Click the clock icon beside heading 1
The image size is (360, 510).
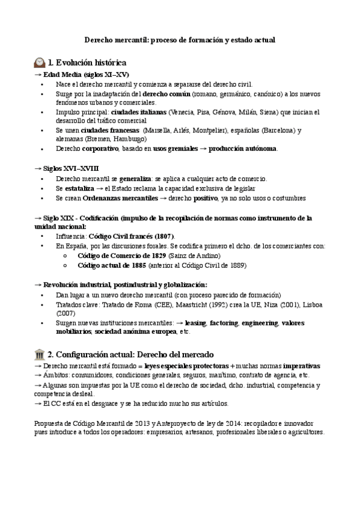coord(40,62)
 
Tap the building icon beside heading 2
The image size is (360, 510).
coord(40,354)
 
